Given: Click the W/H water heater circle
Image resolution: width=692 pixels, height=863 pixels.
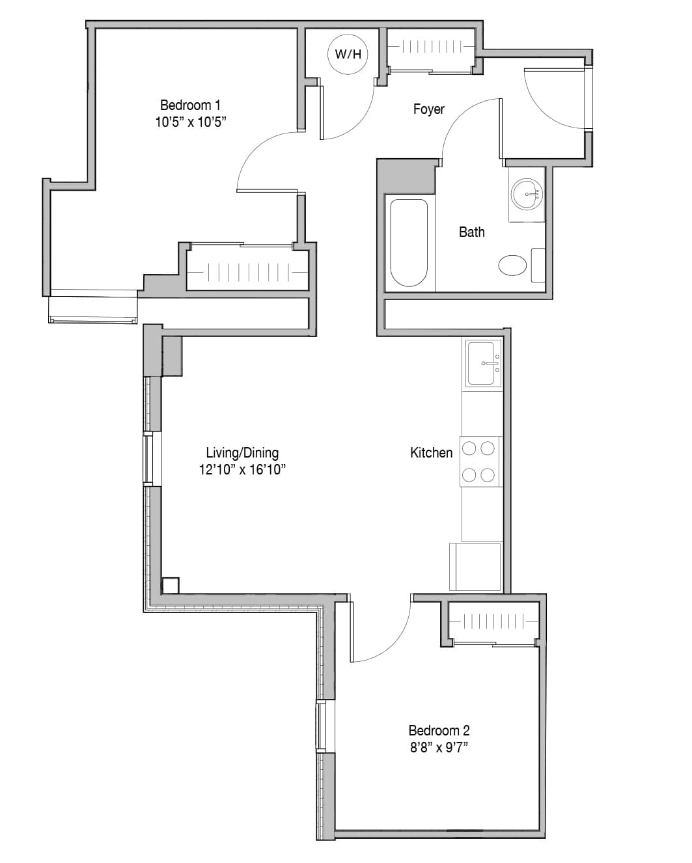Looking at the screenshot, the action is click(x=348, y=54).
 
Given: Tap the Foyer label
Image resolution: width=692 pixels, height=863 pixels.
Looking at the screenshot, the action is click(x=428, y=109).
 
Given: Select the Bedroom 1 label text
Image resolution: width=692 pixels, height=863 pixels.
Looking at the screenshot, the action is click(x=190, y=105).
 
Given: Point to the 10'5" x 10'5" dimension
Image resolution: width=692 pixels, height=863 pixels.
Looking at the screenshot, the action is click(x=191, y=122).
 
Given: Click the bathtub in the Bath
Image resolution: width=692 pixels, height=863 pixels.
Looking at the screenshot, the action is click(x=409, y=243).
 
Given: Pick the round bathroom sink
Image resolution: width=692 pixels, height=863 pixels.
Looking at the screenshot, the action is click(x=527, y=194).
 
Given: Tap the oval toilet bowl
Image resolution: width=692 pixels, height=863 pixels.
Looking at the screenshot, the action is click(x=512, y=265).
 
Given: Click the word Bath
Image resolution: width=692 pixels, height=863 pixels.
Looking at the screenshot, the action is click(x=471, y=232).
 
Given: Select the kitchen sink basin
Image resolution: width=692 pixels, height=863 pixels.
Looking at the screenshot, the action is click(x=481, y=363).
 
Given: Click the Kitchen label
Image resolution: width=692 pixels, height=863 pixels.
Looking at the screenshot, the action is click(x=431, y=453).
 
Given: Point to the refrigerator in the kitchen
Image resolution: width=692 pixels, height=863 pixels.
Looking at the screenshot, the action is click(x=475, y=567).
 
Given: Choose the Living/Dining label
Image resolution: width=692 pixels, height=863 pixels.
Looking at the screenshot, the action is click(x=242, y=453).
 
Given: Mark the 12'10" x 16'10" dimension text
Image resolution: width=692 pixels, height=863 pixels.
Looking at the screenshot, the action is click(x=242, y=470).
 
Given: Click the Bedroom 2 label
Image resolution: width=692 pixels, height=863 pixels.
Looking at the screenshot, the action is click(x=439, y=731).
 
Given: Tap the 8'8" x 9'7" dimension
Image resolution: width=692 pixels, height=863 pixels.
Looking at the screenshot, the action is click(x=439, y=748).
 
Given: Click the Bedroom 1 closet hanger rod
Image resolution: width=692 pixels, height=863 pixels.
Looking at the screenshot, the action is click(x=247, y=272).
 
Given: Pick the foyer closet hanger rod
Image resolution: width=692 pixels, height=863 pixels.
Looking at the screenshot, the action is click(x=432, y=47).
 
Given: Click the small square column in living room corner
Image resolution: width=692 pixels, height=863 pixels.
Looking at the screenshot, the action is click(x=171, y=586).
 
